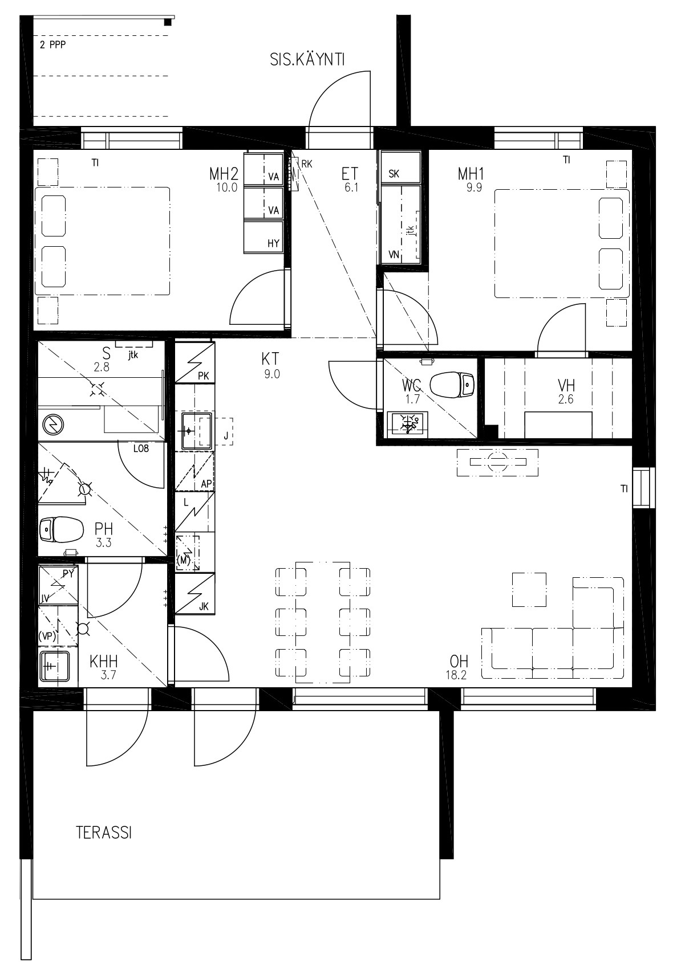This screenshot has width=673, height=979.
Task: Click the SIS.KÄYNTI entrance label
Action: coord(307,60)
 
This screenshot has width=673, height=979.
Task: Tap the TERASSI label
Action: coord(104,833)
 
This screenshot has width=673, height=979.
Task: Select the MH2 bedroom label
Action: coord(223,173)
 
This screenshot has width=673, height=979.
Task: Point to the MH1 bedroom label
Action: coord(471,173)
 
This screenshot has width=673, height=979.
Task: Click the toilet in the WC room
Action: coord(452,385)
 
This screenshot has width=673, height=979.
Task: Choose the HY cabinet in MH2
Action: coord(264,236)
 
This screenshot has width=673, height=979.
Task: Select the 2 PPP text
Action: coord(53,45)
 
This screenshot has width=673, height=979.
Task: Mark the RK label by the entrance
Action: coord(307,164)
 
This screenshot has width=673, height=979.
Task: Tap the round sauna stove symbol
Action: coord(53,424)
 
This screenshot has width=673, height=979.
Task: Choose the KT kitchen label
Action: coord(270,358)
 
